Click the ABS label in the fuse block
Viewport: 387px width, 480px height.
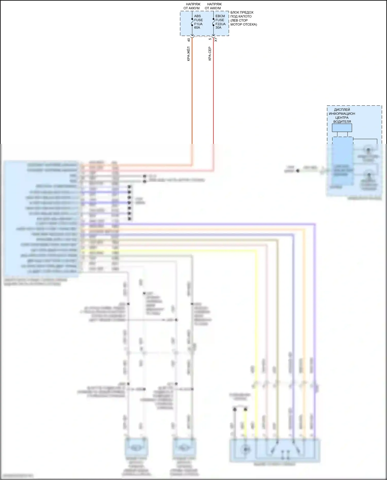point(197,16)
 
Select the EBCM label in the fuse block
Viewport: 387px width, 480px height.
point(220,16)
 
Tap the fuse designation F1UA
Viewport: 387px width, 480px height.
point(198,24)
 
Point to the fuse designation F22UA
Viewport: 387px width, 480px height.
point(220,24)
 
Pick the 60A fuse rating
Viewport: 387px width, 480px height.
point(197,28)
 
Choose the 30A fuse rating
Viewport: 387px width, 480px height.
point(218,28)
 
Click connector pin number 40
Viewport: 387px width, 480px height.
point(189,40)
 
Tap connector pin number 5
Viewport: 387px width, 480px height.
point(210,39)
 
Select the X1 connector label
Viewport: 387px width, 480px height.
point(216,40)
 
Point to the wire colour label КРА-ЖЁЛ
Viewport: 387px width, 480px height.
point(189,54)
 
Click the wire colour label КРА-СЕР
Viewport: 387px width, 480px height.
point(210,54)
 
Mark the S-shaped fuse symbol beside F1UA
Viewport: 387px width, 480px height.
point(192,23)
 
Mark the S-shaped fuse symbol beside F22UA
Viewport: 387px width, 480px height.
point(213,23)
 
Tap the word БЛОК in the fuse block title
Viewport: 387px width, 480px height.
point(235,12)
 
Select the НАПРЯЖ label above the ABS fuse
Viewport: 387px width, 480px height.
point(193,4)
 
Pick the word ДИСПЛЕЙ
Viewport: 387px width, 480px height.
point(342,110)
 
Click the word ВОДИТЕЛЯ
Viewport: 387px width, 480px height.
point(342,121)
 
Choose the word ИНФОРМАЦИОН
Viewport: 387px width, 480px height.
point(342,113)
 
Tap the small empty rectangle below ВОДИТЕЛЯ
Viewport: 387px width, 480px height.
point(342,128)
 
